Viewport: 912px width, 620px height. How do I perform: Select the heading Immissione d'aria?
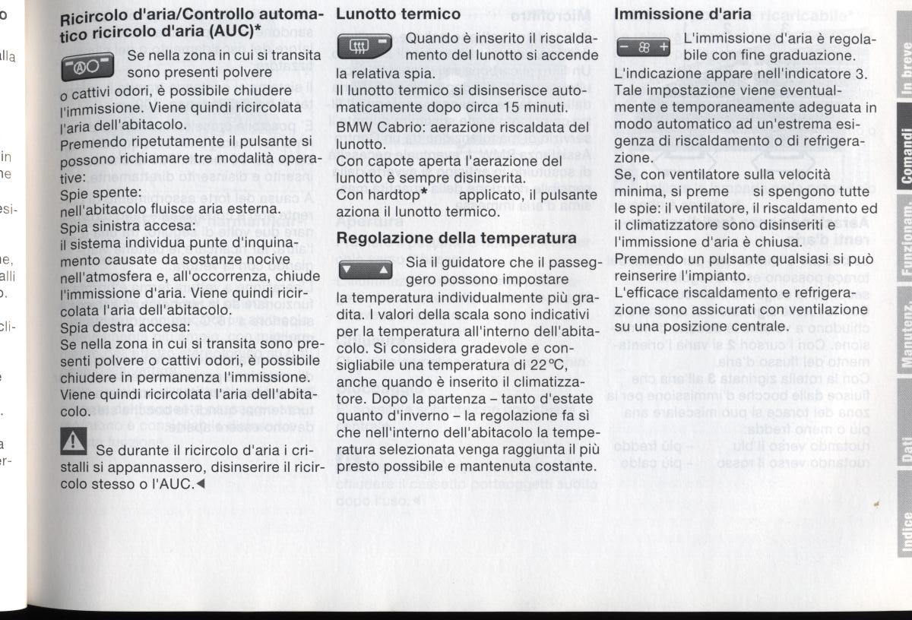coord(682,14)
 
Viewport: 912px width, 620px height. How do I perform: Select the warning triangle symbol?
coord(74,439)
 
